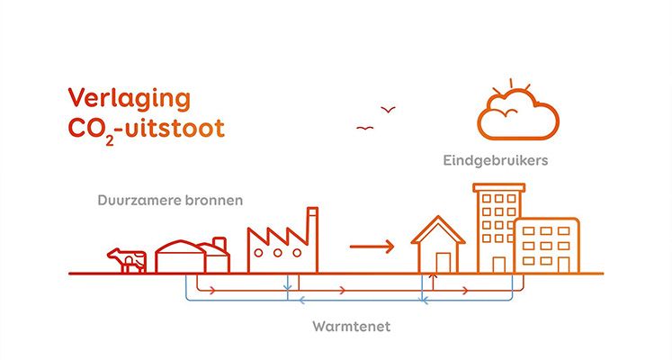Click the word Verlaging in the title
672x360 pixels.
coord(129,100)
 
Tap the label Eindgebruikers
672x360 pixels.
coord(496,161)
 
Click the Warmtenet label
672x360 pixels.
coord(352,327)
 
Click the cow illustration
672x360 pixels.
coord(127,260)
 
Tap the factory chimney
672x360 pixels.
coord(313,240)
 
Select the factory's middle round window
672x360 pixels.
coord(278,253)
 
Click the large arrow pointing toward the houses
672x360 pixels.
coord(372,247)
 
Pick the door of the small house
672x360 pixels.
coord(444,263)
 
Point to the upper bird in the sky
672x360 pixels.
coord(389,110)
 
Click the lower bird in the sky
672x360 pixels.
coord(364,128)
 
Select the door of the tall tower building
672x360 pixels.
coord(499,265)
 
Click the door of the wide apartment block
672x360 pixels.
coord(563,265)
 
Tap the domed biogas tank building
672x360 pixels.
coord(181,257)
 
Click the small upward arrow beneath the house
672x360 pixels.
coord(433,282)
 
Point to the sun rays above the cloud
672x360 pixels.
coord(511,85)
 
